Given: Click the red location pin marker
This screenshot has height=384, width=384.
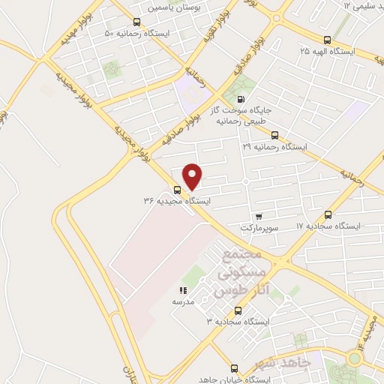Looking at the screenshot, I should [x=193, y=175].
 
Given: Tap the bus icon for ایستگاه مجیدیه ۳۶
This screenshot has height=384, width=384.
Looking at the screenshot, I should [x=177, y=190].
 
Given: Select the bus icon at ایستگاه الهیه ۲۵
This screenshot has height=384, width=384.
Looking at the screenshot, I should [x=325, y=40].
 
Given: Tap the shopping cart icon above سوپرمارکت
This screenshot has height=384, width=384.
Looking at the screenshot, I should [x=259, y=216].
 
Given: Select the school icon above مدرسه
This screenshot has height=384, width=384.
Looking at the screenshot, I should [x=182, y=289].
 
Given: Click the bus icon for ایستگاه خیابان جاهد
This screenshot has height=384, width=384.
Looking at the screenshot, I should [x=235, y=368].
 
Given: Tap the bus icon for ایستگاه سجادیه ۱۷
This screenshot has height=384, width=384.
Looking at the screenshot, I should [x=328, y=214].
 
